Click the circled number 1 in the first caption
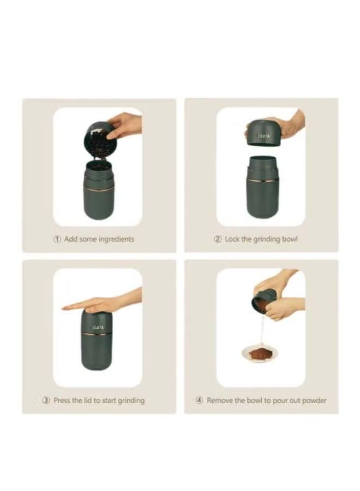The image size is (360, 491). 57,239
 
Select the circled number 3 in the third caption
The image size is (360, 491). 46,400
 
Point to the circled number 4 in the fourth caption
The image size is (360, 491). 199,400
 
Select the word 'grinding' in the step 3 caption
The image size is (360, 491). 131,401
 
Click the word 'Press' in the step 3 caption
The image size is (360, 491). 62,400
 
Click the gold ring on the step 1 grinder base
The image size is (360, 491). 99,189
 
